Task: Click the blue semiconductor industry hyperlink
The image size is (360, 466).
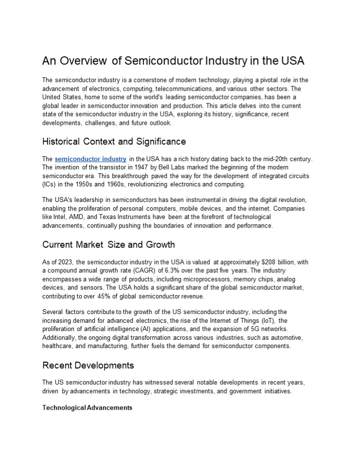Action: pyautogui.click(x=90, y=159)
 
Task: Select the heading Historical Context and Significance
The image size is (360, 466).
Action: pyautogui.click(x=114, y=142)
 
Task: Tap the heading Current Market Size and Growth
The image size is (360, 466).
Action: pyautogui.click(x=108, y=244)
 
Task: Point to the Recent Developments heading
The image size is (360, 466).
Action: pyautogui.click(x=88, y=365)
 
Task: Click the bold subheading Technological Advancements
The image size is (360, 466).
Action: pyautogui.click(x=87, y=408)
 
